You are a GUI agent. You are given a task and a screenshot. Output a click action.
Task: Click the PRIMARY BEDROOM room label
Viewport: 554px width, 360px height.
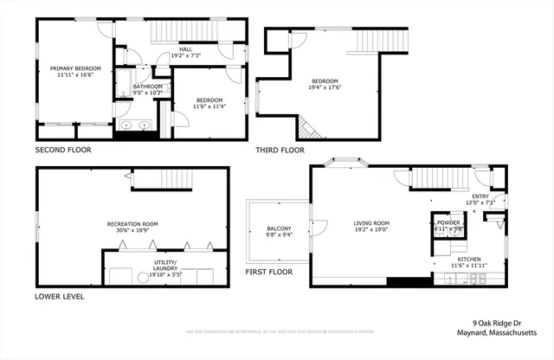tap(75, 68)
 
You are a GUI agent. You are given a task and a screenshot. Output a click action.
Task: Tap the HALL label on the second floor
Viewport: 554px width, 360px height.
tap(186, 49)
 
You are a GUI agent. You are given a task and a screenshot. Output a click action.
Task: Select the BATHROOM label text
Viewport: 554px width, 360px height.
tap(148, 87)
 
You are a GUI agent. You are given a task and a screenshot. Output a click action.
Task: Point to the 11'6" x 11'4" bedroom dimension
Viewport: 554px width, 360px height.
tap(209, 106)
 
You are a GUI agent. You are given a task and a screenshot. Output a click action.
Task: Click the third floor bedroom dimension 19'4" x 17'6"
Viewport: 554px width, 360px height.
tap(325, 87)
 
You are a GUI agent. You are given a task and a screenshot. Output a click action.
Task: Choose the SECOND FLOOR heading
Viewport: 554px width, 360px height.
tap(63, 150)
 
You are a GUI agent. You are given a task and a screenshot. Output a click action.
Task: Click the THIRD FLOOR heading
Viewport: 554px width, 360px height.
tap(280, 150)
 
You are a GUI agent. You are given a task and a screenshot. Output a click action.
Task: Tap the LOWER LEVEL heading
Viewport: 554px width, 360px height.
tap(60, 296)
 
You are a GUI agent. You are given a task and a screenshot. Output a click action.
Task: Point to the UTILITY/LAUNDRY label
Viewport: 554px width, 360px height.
tap(164, 265)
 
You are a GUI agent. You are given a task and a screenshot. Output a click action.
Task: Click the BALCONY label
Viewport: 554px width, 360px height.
tap(279, 228)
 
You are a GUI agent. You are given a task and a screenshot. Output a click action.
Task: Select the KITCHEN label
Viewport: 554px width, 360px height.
tap(469, 259)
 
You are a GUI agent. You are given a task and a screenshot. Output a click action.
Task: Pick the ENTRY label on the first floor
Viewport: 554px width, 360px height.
tap(480, 196)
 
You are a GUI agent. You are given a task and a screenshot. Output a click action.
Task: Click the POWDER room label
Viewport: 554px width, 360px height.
tap(448, 222)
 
